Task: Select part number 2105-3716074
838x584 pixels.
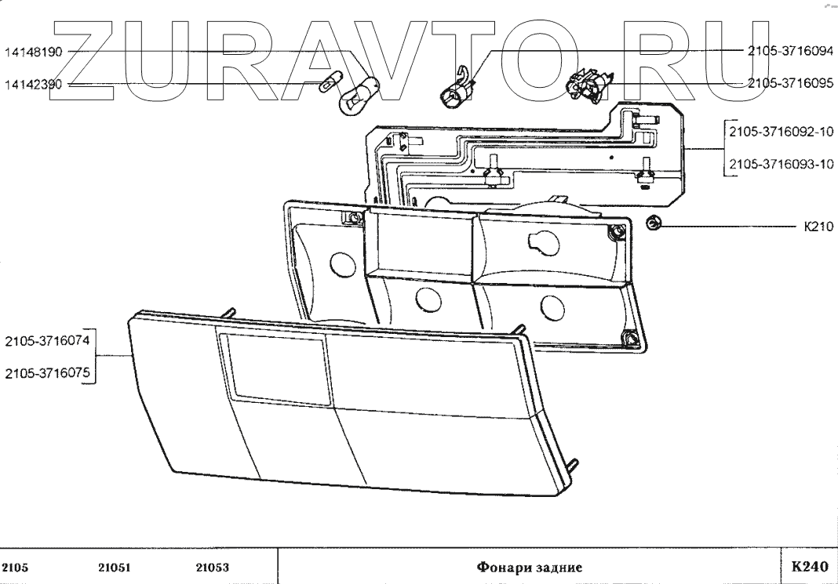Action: (x=47, y=341)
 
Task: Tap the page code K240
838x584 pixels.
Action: (x=808, y=566)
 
